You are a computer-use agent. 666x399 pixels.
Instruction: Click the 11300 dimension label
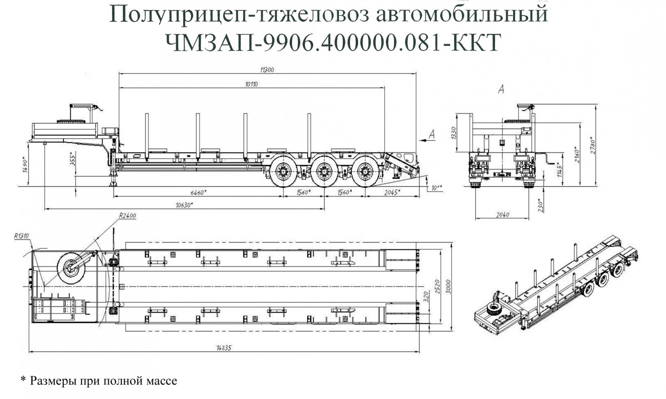[267, 70]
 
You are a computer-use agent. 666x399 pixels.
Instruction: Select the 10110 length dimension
[251, 84]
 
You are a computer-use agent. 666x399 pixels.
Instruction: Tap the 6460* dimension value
[198, 192]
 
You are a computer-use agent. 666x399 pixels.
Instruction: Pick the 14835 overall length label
[224, 348]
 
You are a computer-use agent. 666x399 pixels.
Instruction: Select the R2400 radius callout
[127, 216]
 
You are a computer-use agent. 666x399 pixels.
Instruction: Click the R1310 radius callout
[21, 236]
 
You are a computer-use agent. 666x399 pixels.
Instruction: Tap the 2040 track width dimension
[502, 215]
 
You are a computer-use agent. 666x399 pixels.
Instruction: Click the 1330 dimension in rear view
[453, 133]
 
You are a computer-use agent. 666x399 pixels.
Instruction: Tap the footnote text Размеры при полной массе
[103, 381]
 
